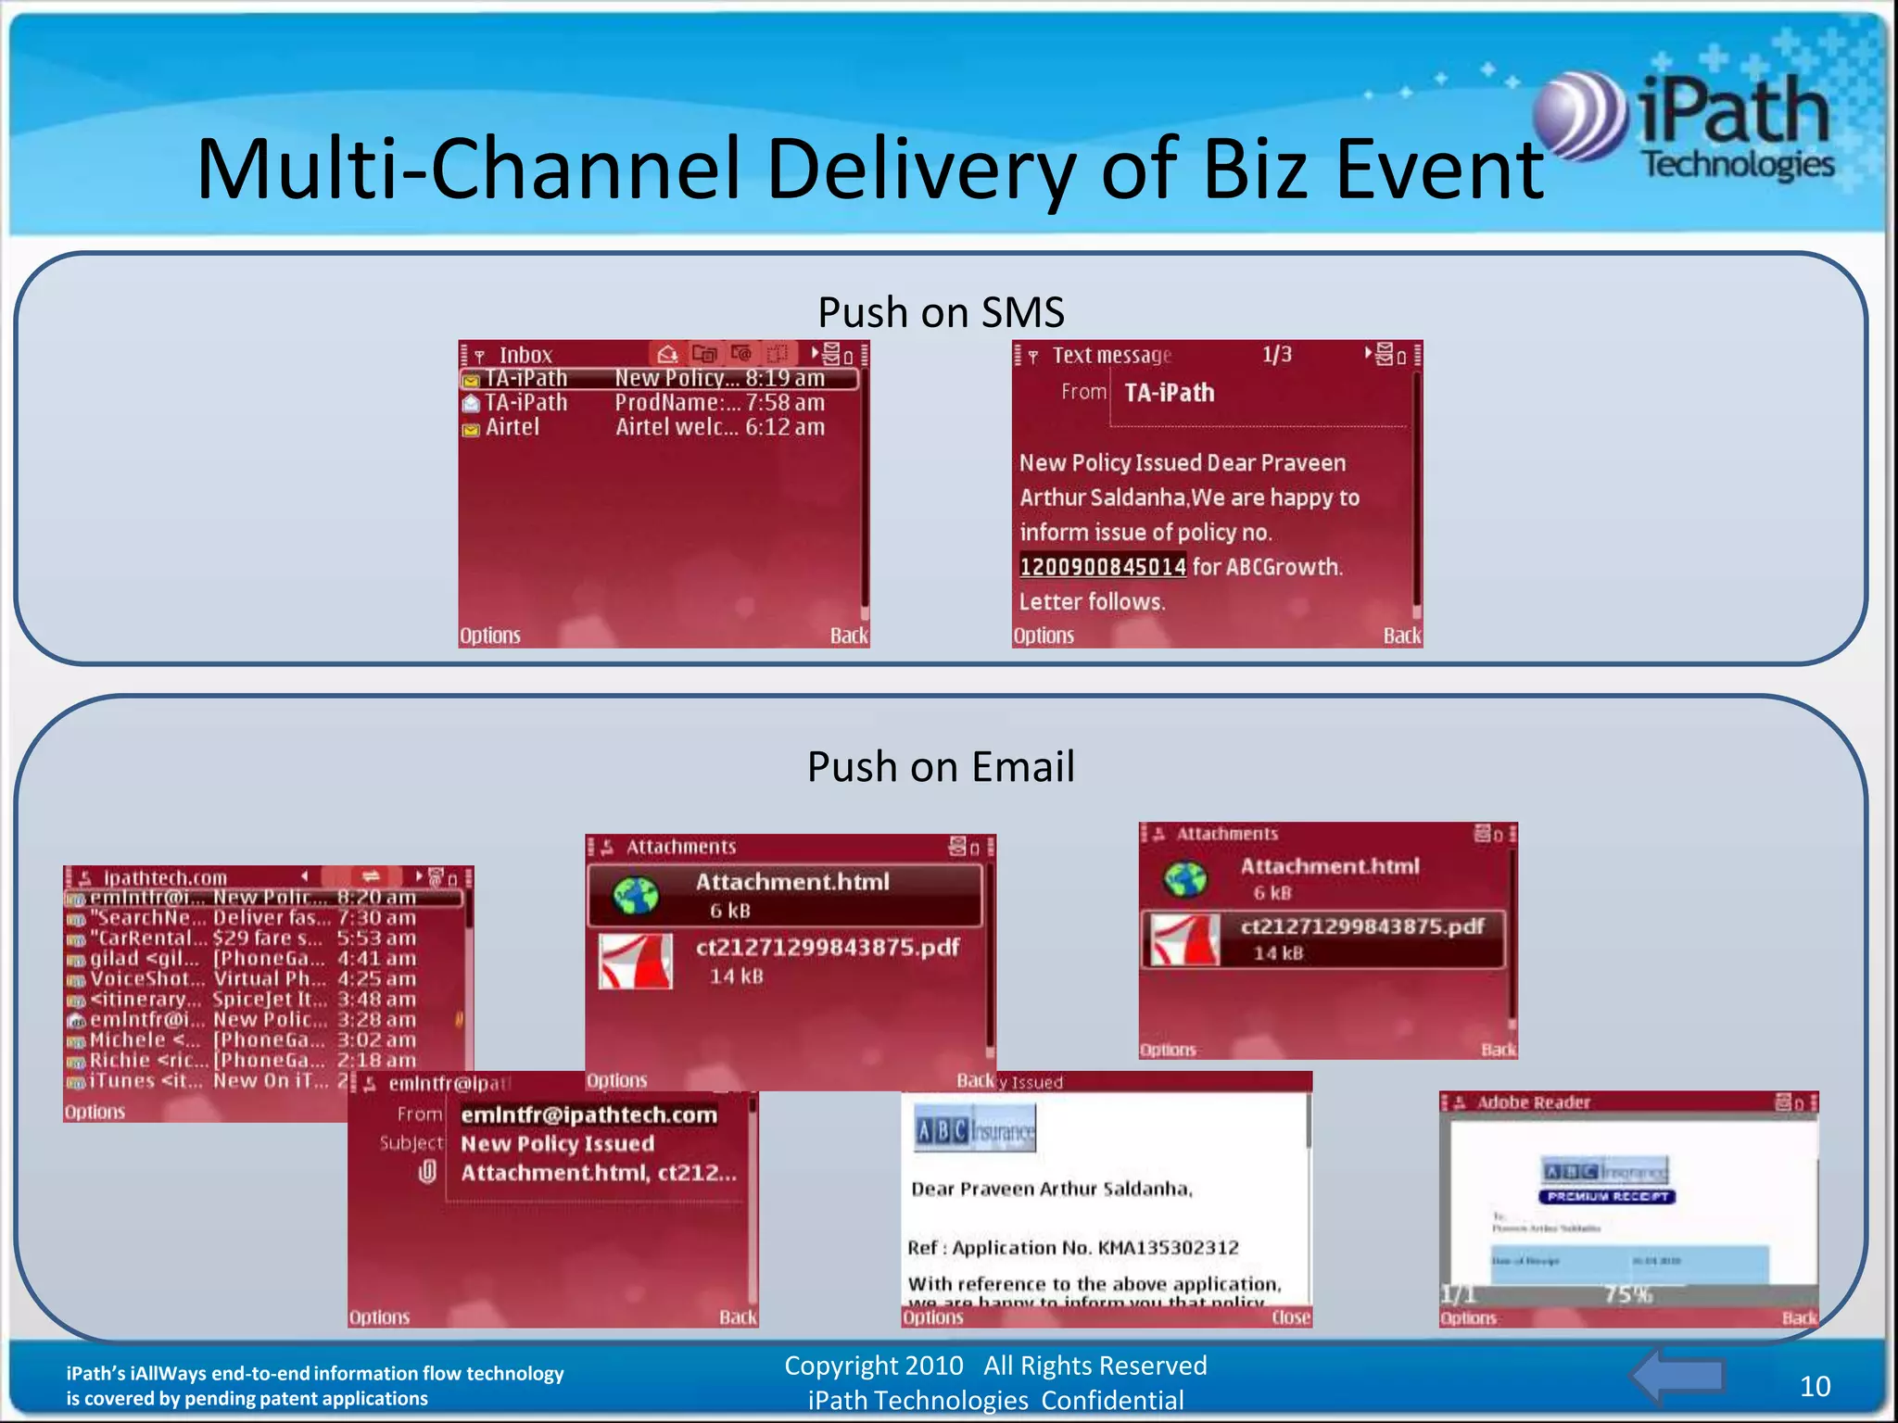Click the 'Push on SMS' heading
(x=941, y=312)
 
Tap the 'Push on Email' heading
(x=941, y=767)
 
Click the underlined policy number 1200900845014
(x=1102, y=567)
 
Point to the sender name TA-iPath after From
(x=1169, y=393)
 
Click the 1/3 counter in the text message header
(x=1276, y=355)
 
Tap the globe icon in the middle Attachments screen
(x=636, y=895)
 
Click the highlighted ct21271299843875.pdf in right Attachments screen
(x=1361, y=926)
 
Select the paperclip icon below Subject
(x=427, y=1172)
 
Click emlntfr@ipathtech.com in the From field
(x=588, y=1115)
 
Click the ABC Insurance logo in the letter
(x=974, y=1129)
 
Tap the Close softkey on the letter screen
(x=1290, y=1317)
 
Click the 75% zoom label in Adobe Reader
(x=1628, y=1294)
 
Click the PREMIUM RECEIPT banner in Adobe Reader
(x=1607, y=1197)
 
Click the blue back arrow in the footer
(x=1677, y=1377)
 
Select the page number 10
(x=1815, y=1386)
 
